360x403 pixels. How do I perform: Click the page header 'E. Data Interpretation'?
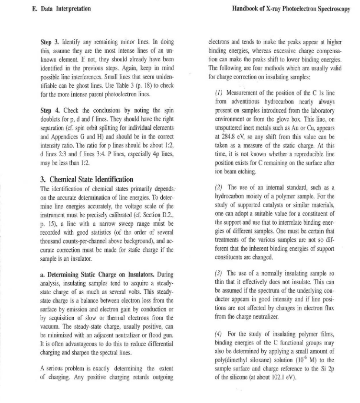pyautogui.click(x=59, y=9)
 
